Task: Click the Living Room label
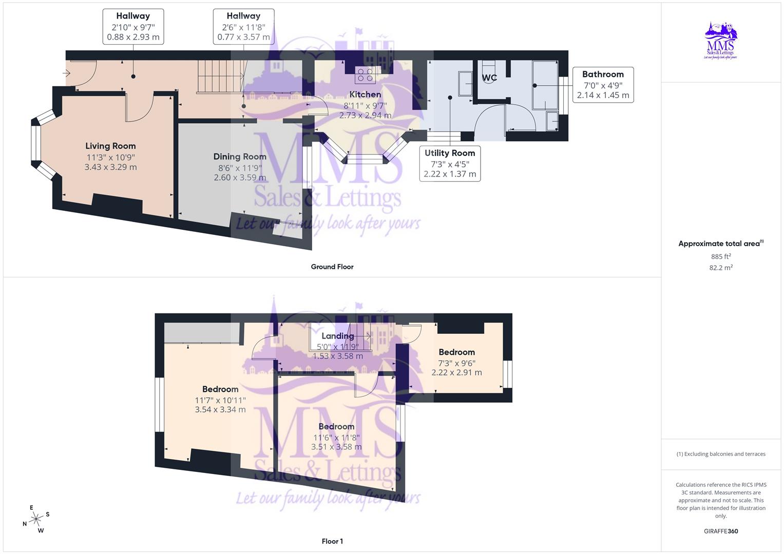110,146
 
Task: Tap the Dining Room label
240,156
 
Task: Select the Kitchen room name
365,94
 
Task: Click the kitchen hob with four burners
365,75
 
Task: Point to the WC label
489,78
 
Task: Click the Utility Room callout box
450,163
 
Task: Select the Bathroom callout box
603,85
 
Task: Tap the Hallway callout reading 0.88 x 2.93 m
133,27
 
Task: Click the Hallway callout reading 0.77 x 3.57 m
243,27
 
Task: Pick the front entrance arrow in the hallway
66,73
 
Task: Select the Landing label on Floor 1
337,336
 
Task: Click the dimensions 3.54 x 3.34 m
220,409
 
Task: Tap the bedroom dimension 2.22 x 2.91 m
456,372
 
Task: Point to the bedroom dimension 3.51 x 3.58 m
336,447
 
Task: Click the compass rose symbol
36,519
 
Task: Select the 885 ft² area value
721,256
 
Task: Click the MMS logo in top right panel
721,41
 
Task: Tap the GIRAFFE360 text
721,531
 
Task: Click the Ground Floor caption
332,267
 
